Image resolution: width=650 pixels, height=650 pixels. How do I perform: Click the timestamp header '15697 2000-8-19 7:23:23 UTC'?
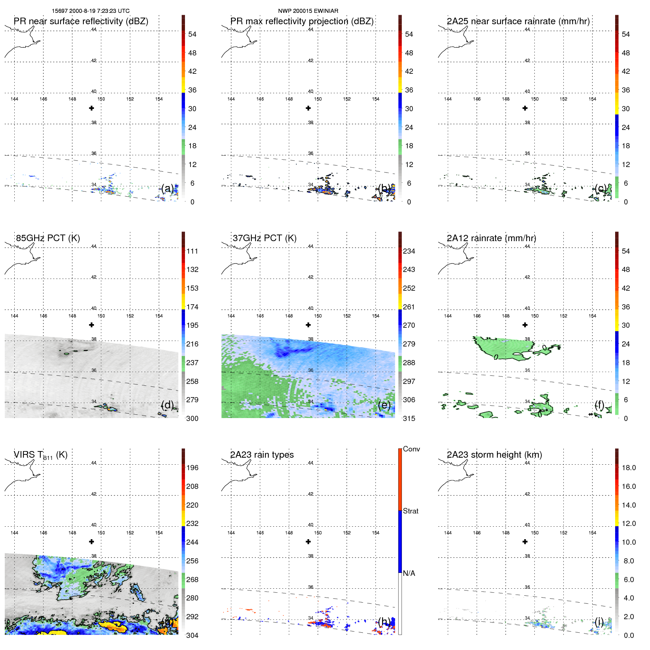90,11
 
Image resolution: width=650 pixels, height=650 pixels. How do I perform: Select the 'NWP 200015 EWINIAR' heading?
308,11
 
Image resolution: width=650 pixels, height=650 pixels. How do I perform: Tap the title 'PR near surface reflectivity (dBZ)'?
81,21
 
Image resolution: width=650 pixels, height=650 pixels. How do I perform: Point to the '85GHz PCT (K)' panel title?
48,238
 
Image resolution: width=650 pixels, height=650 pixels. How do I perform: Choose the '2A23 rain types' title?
262,455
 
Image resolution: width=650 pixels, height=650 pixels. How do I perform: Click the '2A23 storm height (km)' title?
494,455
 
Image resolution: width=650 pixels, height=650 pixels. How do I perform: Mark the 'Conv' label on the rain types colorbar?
411,449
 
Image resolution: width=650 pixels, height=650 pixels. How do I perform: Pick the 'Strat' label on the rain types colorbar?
410,511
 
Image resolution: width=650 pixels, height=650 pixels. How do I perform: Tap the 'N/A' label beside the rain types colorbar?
409,573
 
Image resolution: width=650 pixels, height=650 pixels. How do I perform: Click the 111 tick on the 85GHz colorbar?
192,251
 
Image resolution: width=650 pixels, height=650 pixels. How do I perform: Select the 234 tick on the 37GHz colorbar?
409,251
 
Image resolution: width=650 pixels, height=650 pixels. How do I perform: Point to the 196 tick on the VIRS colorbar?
192,468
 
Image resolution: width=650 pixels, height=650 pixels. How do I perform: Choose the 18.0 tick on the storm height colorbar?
628,468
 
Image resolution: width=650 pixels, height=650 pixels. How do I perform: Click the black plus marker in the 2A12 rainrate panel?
525,325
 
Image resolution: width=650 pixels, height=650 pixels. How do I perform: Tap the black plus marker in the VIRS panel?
91,541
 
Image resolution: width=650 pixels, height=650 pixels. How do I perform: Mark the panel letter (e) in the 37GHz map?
384,405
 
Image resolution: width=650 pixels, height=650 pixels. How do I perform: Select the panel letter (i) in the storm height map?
599,621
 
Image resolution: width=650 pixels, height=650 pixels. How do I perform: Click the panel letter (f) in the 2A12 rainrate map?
599,405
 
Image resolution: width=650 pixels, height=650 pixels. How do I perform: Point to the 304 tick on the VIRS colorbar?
192,635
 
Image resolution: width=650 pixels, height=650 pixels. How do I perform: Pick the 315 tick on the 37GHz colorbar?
409,418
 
